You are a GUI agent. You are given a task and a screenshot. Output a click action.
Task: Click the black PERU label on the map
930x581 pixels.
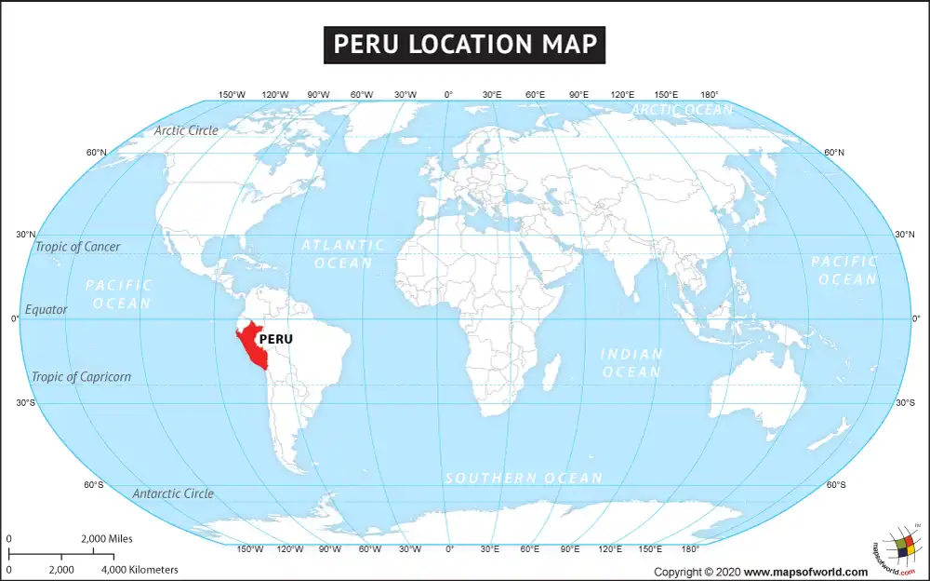point(276,340)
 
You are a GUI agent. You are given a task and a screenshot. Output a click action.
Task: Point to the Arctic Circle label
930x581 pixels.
point(187,130)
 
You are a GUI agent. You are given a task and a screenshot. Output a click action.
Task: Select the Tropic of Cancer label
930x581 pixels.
point(78,247)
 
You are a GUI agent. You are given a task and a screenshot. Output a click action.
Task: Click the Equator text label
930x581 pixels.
point(46,309)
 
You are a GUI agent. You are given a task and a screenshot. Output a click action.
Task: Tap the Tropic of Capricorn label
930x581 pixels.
point(82,377)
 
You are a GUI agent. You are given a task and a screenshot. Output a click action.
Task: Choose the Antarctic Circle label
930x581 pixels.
point(173,493)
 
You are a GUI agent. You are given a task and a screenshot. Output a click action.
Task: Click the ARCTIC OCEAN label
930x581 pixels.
point(683,110)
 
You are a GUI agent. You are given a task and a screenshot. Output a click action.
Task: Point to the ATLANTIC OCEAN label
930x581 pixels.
point(343,254)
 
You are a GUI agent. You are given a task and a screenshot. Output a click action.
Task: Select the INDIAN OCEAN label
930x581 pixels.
point(631,363)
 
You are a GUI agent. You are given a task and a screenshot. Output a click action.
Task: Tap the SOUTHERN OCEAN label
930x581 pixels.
point(524,478)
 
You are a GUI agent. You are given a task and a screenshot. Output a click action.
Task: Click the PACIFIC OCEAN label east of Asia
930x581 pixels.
point(844,270)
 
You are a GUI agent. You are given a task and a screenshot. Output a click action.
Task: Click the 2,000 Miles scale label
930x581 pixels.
point(107,538)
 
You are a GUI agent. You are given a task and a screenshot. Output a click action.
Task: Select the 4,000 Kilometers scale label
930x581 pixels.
point(139,569)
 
